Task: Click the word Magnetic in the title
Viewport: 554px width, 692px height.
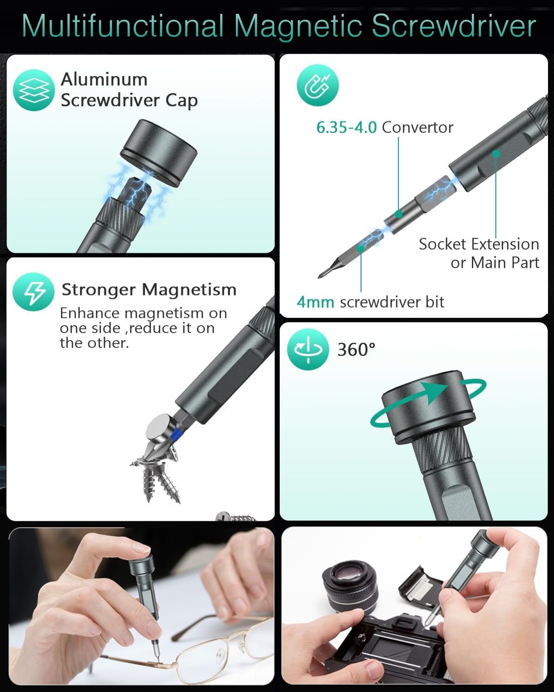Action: pos(298,26)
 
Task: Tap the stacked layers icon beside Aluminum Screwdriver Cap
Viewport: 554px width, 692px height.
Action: pos(34,90)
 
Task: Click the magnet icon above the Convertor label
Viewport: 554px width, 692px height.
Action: pos(318,85)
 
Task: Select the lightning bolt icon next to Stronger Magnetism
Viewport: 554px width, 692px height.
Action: pos(34,292)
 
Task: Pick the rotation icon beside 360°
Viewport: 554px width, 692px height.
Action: pos(308,349)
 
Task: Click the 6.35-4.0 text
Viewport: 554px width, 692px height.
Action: pos(346,127)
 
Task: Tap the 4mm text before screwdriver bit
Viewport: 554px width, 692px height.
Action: pos(315,302)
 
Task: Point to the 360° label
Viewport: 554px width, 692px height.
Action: pos(356,350)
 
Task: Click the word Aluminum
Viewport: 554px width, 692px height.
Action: pos(104,79)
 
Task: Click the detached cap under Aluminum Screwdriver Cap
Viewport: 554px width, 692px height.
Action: pos(158,153)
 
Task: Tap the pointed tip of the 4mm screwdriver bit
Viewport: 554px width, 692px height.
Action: pos(319,278)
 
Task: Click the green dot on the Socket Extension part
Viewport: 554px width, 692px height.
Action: pos(496,154)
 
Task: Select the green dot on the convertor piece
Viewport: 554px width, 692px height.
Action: pos(398,214)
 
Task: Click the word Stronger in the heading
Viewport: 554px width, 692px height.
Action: pos(98,290)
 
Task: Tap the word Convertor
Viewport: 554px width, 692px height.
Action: pos(417,127)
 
